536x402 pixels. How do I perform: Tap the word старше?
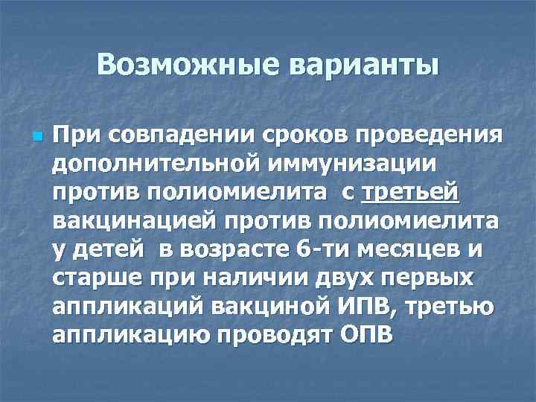pyautogui.click(x=94, y=278)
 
